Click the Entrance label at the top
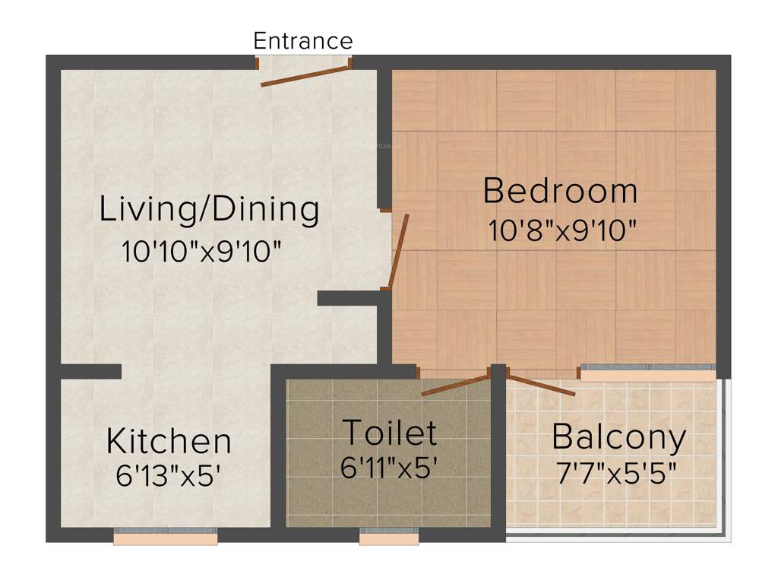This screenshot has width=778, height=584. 302,40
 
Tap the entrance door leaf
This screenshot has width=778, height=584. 304,76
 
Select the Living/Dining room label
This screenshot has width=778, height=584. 209,209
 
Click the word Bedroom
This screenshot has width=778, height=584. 560,190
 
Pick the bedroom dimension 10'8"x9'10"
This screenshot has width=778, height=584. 561,230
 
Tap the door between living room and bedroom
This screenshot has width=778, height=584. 399,252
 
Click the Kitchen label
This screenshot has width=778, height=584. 169,441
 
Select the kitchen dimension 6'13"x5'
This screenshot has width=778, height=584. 168,476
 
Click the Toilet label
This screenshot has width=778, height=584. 390,433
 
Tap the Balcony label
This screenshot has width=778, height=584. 618,436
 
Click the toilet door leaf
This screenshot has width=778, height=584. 454,384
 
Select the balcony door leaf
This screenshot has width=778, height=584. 541,385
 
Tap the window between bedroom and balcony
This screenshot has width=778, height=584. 647,373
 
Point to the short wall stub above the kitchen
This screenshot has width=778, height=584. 90,371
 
